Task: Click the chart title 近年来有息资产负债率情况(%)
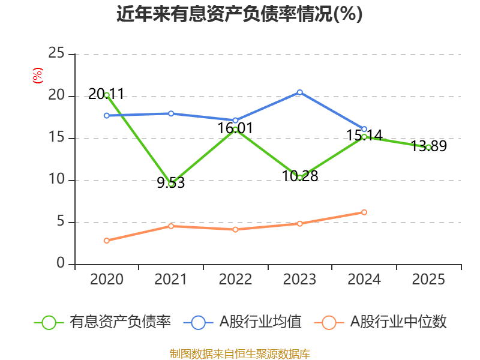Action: pos(239,14)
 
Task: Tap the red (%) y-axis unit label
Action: pos(38,76)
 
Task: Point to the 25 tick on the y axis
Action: pos(56,53)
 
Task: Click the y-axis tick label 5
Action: pos(61,221)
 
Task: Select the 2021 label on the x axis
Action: pos(170,279)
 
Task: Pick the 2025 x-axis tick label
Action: pos(428,279)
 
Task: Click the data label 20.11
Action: pos(106,94)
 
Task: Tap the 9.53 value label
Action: pos(171,183)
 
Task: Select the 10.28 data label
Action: pos(299,176)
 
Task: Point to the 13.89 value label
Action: pos(428,146)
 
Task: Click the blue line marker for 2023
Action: pos(299,92)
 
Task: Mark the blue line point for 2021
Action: pos(171,113)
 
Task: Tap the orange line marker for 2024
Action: pos(364,212)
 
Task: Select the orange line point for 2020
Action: pos(107,241)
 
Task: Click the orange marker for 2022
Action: pos(235,229)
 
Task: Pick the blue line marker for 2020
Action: pos(107,115)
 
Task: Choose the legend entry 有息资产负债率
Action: pos(103,322)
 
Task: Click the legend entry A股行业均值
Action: pos(243,322)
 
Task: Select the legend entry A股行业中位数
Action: pos(380,322)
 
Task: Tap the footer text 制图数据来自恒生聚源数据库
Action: pos(239,354)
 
